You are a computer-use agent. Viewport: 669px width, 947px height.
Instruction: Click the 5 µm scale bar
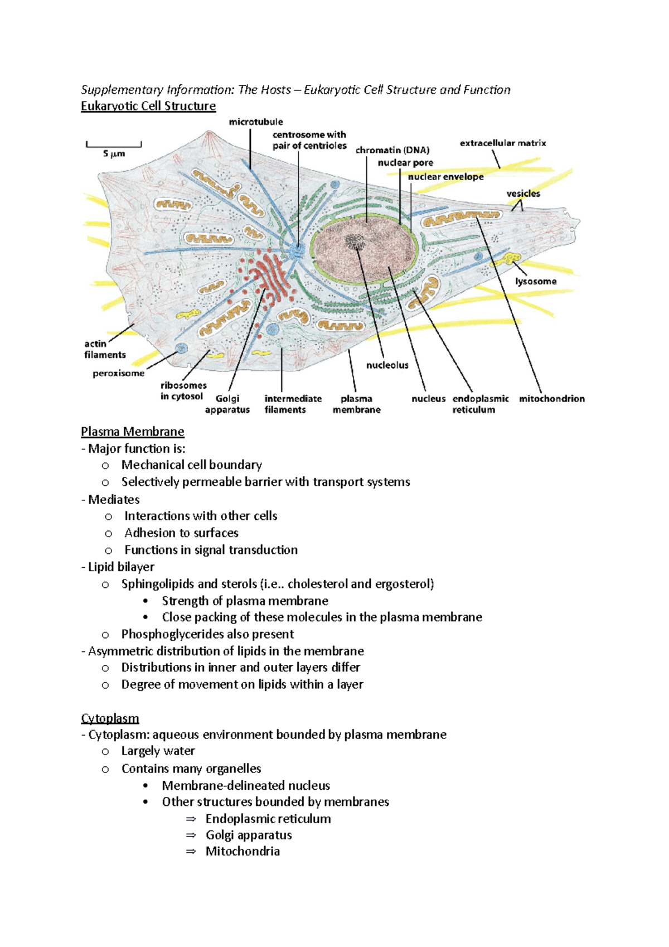pyautogui.click(x=114, y=146)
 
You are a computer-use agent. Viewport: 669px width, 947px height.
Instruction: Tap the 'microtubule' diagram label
pyautogui.click(x=256, y=122)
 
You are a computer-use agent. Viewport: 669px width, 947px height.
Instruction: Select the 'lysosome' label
pyautogui.click(x=535, y=282)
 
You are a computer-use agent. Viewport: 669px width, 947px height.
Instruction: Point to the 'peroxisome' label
pyautogui.click(x=118, y=374)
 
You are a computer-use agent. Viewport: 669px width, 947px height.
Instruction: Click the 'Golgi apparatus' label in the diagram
pyautogui.click(x=227, y=404)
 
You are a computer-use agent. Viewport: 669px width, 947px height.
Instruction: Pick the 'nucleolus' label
pyautogui.click(x=387, y=365)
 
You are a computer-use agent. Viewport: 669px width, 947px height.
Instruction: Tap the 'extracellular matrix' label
pyautogui.click(x=503, y=143)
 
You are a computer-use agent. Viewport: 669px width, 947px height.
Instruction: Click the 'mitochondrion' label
pyautogui.click(x=551, y=399)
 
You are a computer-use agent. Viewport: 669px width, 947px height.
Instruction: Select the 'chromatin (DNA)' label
pyautogui.click(x=392, y=150)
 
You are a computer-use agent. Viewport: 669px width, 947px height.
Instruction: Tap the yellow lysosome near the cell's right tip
pyautogui.click(x=511, y=259)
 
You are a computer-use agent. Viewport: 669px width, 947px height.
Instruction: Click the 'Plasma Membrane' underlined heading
pyautogui.click(x=132, y=432)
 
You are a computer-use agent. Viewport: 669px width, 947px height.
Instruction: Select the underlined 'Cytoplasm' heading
pyautogui.click(x=110, y=718)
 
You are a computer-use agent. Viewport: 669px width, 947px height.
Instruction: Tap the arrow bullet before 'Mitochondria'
pyautogui.click(x=191, y=852)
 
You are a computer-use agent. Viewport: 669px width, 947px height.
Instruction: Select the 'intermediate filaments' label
pyautogui.click(x=293, y=404)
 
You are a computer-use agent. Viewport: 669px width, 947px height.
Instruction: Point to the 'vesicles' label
pyautogui.click(x=523, y=194)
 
